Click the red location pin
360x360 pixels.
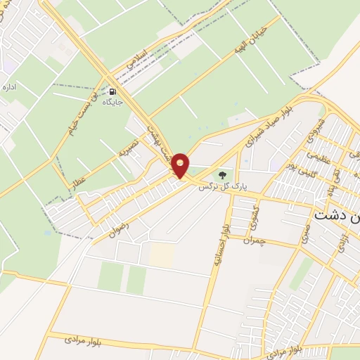tap(181, 166)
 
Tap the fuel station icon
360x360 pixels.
tap(112, 91)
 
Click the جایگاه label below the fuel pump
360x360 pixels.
tap(112, 103)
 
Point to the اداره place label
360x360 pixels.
tap(10, 88)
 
